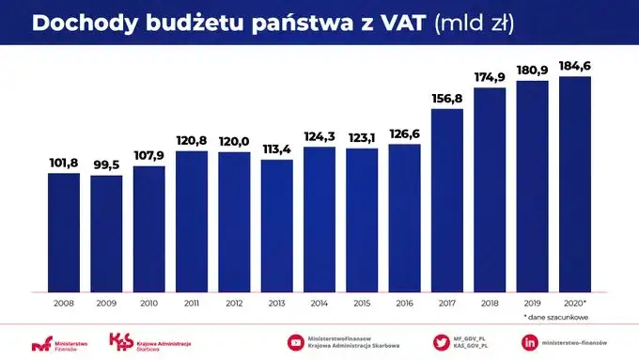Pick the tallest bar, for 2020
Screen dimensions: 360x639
pos(574,183)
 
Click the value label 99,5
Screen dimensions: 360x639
pos(106,164)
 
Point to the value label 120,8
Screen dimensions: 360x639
pos(191,141)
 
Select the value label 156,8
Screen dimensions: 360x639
pos(446,99)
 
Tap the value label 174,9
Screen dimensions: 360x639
pos(489,77)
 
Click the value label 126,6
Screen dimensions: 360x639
pos(404,134)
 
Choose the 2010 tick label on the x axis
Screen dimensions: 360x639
pos(148,303)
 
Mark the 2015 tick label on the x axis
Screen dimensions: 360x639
pos(361,303)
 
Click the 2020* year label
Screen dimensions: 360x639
pos(574,303)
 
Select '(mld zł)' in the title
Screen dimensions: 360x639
pos(475,23)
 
